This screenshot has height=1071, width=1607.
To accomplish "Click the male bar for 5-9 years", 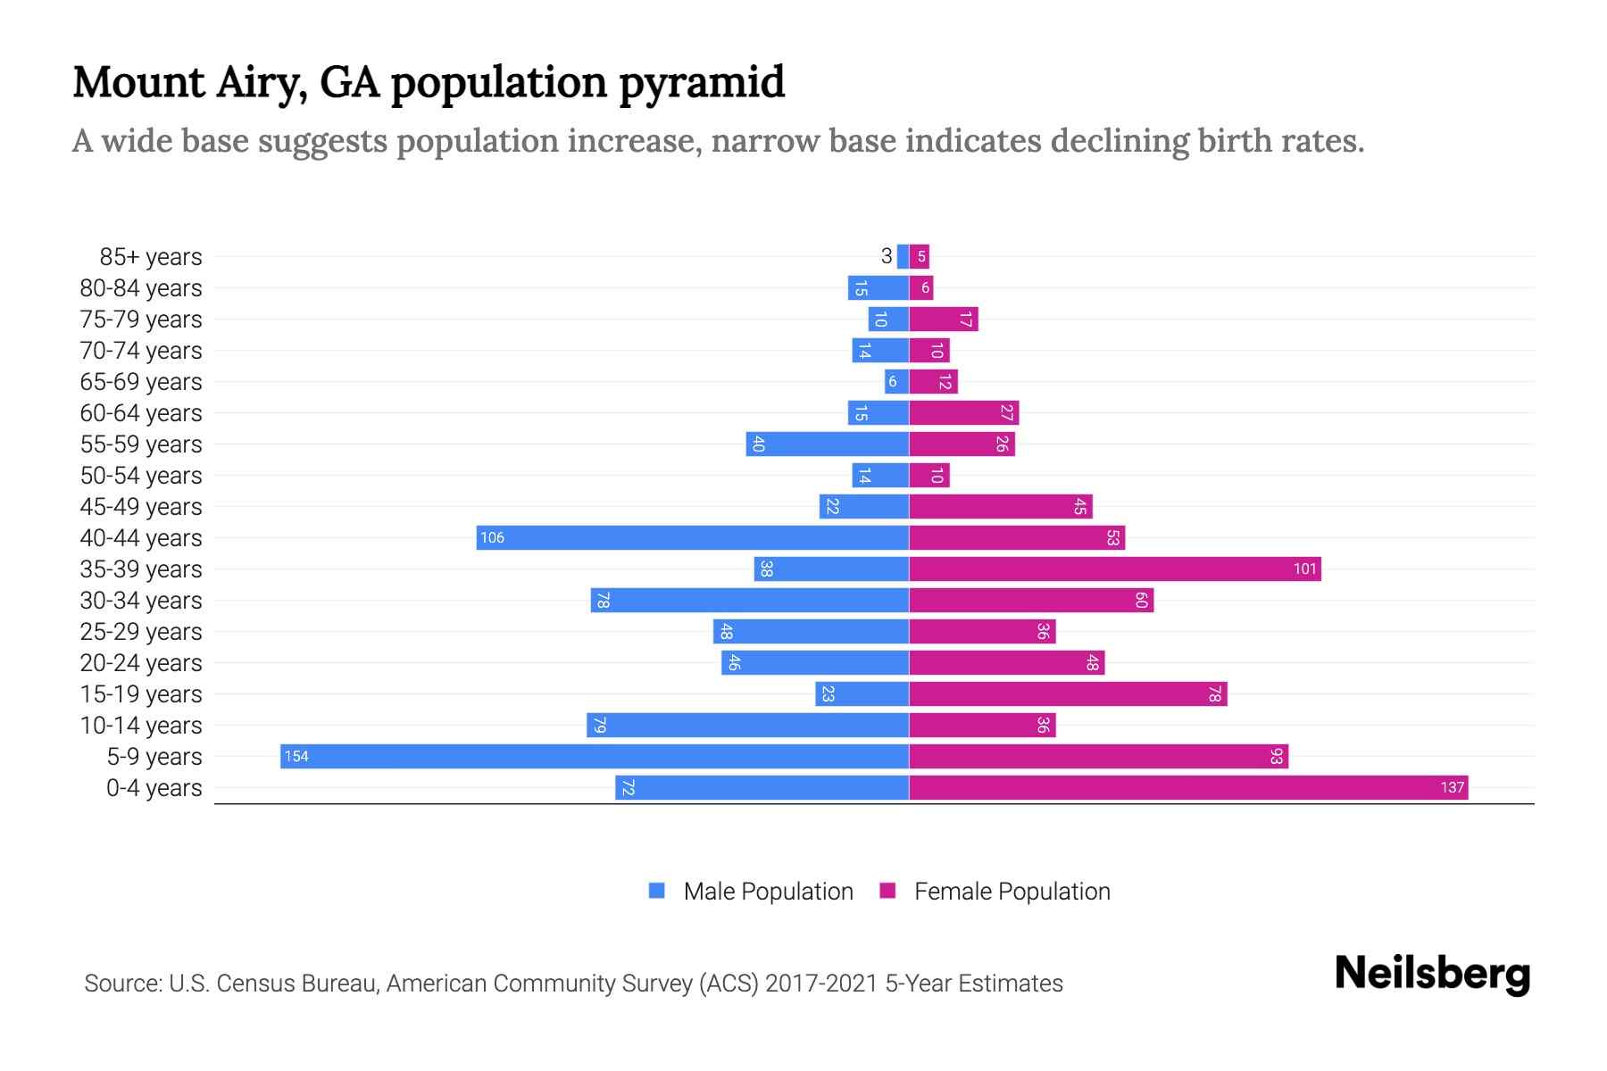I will coord(594,756).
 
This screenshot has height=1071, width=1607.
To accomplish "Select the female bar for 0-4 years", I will coord(1187,787).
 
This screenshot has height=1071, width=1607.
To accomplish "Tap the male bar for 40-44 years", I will coord(692,537).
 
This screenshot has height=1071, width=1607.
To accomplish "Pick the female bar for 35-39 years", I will coord(1114,569).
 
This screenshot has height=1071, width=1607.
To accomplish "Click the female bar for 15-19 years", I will coord(1067,693).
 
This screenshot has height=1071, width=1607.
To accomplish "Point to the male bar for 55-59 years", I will coord(827,444).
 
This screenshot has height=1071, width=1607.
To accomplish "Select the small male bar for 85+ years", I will coord(903,256).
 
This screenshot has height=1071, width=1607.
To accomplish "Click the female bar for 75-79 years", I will coord(943,319).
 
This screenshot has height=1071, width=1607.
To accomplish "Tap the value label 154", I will coord(296,757).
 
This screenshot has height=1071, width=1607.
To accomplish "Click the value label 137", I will coord(1452,787).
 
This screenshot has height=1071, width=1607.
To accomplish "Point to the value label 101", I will coord(1304,569).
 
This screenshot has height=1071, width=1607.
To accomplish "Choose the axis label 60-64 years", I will coord(141,413).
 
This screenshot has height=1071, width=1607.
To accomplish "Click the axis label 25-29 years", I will coord(141,632).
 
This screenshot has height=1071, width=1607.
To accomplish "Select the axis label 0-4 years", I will coord(154,788).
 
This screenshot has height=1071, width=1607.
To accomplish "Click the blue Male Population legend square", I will coord(657,891).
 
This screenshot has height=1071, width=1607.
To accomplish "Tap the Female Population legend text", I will coord(1012,891).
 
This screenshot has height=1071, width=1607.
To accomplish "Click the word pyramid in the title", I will coord(702,83).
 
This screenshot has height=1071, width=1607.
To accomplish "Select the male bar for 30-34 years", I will coord(749,600).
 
